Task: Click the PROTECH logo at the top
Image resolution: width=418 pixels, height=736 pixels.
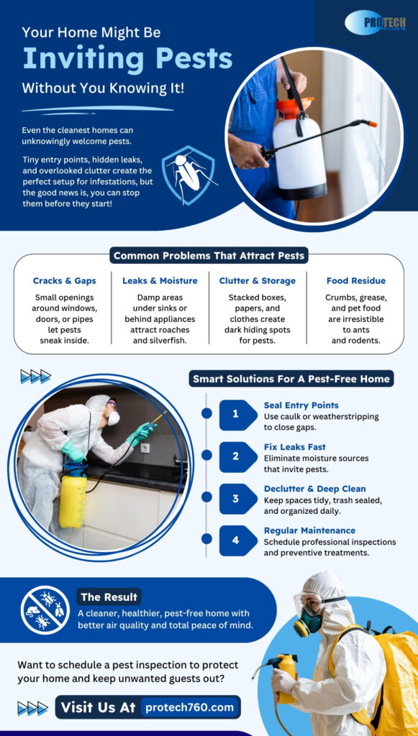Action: point(375,22)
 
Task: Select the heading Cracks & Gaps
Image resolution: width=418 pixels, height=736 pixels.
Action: point(64,280)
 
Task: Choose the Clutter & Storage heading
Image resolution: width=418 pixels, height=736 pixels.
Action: point(258,280)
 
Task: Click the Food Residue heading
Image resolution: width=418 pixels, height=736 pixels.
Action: point(355,280)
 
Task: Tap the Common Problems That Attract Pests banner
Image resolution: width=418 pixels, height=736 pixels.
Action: point(209,255)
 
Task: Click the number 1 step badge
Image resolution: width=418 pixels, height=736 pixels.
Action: point(235,415)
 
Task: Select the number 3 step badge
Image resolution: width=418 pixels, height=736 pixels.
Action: point(235,499)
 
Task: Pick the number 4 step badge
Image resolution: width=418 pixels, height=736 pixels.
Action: point(235,540)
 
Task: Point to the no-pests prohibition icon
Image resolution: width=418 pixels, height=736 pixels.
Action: point(45,609)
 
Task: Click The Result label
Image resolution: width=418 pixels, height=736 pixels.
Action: point(109,597)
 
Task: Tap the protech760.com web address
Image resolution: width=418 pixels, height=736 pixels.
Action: point(189,707)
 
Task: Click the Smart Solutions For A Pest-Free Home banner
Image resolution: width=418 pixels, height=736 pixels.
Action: point(291,378)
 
